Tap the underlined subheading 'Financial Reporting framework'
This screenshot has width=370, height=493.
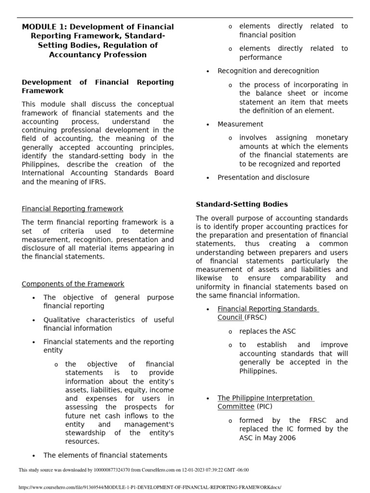click(x=72, y=209)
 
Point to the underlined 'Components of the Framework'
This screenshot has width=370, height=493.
click(x=73, y=284)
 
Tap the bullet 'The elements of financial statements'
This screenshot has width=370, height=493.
click(x=105, y=455)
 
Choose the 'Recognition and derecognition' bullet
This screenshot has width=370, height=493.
click(x=268, y=71)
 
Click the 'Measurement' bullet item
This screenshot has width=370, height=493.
click(x=240, y=124)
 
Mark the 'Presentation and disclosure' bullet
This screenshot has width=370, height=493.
click(x=263, y=177)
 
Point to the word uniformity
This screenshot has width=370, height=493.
click(x=213, y=287)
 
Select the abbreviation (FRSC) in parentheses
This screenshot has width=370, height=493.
click(x=255, y=318)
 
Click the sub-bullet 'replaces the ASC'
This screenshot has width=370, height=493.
click(x=267, y=331)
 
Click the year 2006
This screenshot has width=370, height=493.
click(x=285, y=438)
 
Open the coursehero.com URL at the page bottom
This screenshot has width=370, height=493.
click(x=149, y=487)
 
